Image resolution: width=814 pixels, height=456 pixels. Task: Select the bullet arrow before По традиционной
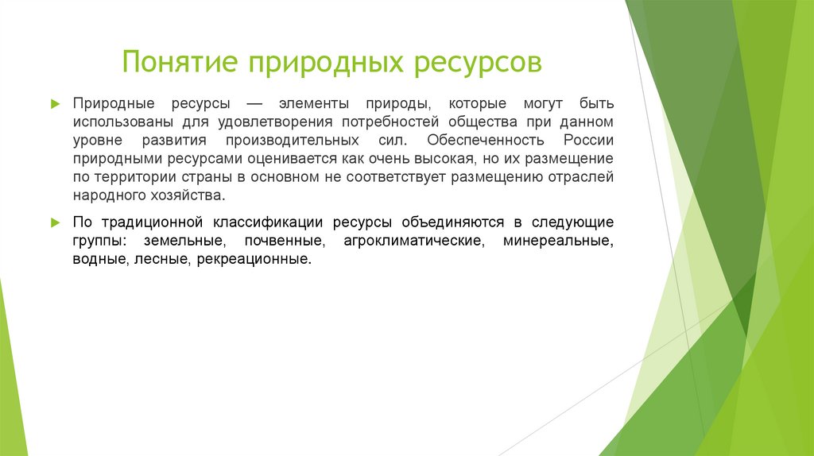55,222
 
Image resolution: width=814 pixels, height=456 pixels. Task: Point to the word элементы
314,104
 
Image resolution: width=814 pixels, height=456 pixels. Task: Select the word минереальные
557,240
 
